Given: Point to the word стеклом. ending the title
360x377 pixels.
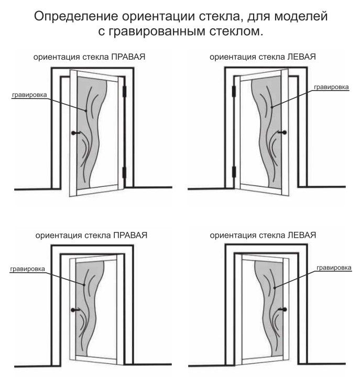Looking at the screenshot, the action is (x=236, y=31).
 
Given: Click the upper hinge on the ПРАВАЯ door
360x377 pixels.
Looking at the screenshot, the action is (x=124, y=91).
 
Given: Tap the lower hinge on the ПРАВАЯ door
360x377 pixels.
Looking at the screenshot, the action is (x=124, y=172).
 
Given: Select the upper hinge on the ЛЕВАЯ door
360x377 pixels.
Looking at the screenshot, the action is (x=234, y=91).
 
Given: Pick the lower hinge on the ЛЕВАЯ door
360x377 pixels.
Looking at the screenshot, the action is (x=234, y=172).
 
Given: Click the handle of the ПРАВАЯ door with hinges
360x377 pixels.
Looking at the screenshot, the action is (x=76, y=132).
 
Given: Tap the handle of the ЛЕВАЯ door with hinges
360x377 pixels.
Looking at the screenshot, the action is (x=282, y=132).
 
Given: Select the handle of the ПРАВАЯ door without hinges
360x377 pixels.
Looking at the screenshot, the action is (x=75, y=310).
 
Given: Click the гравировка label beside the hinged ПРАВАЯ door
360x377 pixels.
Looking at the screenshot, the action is (x=29, y=95).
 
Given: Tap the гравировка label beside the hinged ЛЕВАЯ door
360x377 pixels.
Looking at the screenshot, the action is (x=331, y=87).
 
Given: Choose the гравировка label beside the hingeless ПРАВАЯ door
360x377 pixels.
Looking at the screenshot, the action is (x=27, y=269).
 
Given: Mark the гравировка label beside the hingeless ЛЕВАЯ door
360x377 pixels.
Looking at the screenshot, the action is (x=334, y=268).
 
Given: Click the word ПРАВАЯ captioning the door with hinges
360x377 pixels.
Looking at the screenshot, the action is (x=128, y=57).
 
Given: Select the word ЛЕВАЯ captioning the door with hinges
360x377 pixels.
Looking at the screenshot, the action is (x=301, y=57).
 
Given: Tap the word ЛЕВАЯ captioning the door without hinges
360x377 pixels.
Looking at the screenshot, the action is (x=302, y=235).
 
